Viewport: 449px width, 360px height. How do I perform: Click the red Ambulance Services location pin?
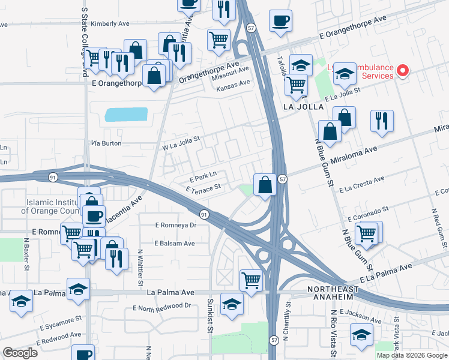pos(402,71)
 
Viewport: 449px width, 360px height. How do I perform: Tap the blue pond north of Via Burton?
pos(125,115)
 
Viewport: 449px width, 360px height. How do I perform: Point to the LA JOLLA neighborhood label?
pos(303,106)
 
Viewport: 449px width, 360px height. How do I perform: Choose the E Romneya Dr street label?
pos(175,225)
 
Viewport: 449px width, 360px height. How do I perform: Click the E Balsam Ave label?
pos(174,244)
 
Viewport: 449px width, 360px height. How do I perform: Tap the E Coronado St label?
pos(368,212)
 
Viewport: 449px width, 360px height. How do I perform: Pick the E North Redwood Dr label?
pos(161,307)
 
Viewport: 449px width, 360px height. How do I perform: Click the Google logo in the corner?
pos(20,353)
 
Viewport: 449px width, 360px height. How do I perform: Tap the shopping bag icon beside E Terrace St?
pos(265,185)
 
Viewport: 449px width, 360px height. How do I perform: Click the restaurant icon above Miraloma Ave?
pos(382,121)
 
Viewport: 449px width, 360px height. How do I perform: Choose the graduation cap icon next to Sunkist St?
pos(232,304)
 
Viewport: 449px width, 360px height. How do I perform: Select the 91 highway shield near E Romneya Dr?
pos(204,214)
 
